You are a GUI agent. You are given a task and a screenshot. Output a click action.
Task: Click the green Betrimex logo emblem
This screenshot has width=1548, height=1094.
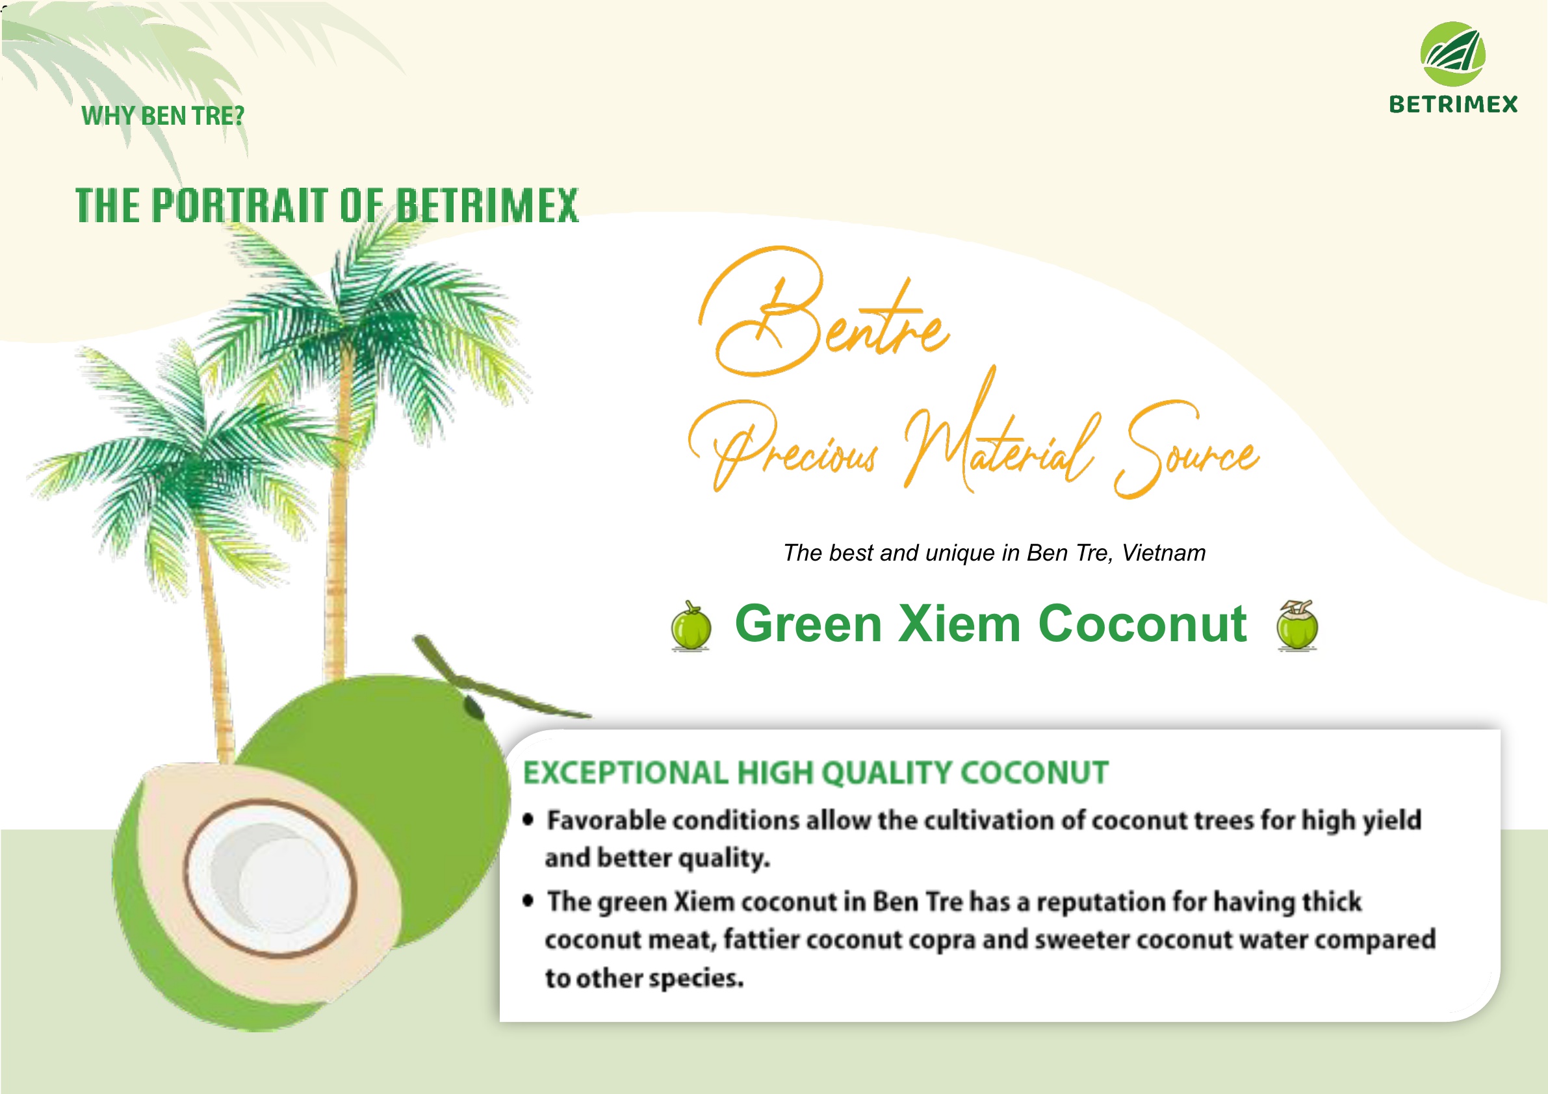point(1453,54)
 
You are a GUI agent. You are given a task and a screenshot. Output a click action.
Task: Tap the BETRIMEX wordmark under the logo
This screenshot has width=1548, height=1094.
point(1453,105)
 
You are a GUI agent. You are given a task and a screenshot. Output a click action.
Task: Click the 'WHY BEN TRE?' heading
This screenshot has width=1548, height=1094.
point(162,116)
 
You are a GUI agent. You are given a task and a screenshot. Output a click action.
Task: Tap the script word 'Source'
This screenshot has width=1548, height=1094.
point(1187,448)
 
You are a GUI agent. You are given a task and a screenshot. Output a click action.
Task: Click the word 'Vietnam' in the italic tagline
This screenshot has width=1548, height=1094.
point(1164,553)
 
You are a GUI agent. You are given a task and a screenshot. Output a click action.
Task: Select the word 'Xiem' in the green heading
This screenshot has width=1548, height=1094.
point(960,624)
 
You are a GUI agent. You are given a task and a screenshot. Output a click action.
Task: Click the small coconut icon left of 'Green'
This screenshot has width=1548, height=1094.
point(691,626)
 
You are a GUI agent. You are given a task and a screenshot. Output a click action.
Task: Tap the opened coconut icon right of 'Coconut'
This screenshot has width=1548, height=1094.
point(1297,624)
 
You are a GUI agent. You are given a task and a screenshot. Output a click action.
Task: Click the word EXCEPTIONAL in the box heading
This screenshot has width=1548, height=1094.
point(625,772)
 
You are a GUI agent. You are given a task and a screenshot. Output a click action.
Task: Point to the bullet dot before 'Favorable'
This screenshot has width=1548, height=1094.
point(528,820)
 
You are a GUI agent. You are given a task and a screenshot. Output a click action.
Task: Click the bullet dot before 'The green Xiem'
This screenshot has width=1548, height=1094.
point(528,900)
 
